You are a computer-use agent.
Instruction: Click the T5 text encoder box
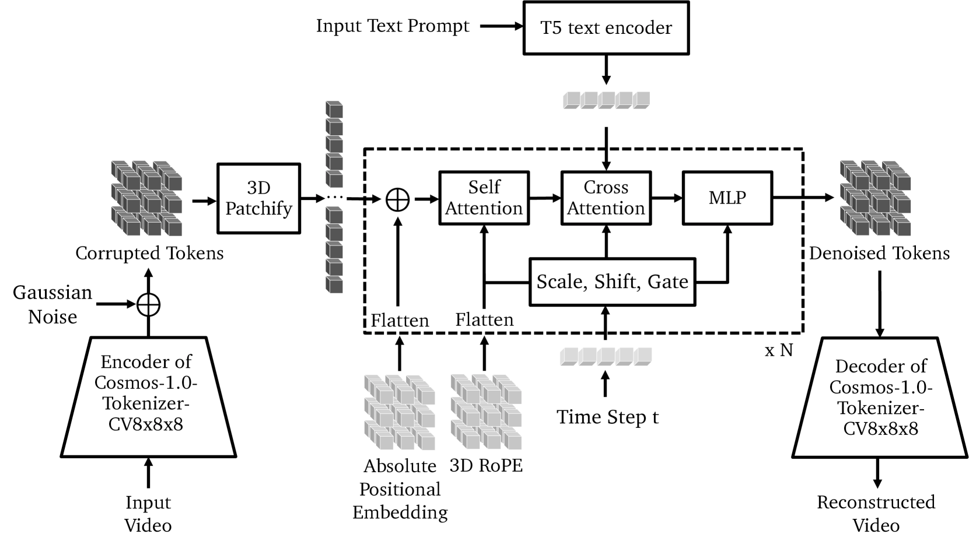click(606, 28)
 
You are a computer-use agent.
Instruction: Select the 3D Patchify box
click(258, 198)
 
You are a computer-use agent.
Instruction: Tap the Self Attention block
click(484, 198)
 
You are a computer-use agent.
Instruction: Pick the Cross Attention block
click(606, 198)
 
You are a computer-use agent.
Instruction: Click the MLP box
click(727, 198)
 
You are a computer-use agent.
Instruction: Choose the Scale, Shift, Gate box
click(612, 282)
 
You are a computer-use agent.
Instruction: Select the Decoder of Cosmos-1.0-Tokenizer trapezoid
click(880, 398)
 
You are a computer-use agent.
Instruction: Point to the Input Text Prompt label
click(393, 26)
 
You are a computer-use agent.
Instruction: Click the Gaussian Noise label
click(53, 304)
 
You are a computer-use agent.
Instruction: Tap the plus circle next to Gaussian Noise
click(148, 304)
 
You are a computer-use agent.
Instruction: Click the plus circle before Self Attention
click(398, 199)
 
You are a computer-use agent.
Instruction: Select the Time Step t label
click(607, 417)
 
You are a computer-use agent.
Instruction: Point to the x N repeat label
click(779, 350)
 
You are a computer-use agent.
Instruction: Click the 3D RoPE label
click(486, 465)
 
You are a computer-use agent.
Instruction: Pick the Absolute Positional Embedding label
click(400, 489)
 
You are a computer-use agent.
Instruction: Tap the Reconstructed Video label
click(876, 514)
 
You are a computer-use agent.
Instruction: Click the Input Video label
click(148, 514)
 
